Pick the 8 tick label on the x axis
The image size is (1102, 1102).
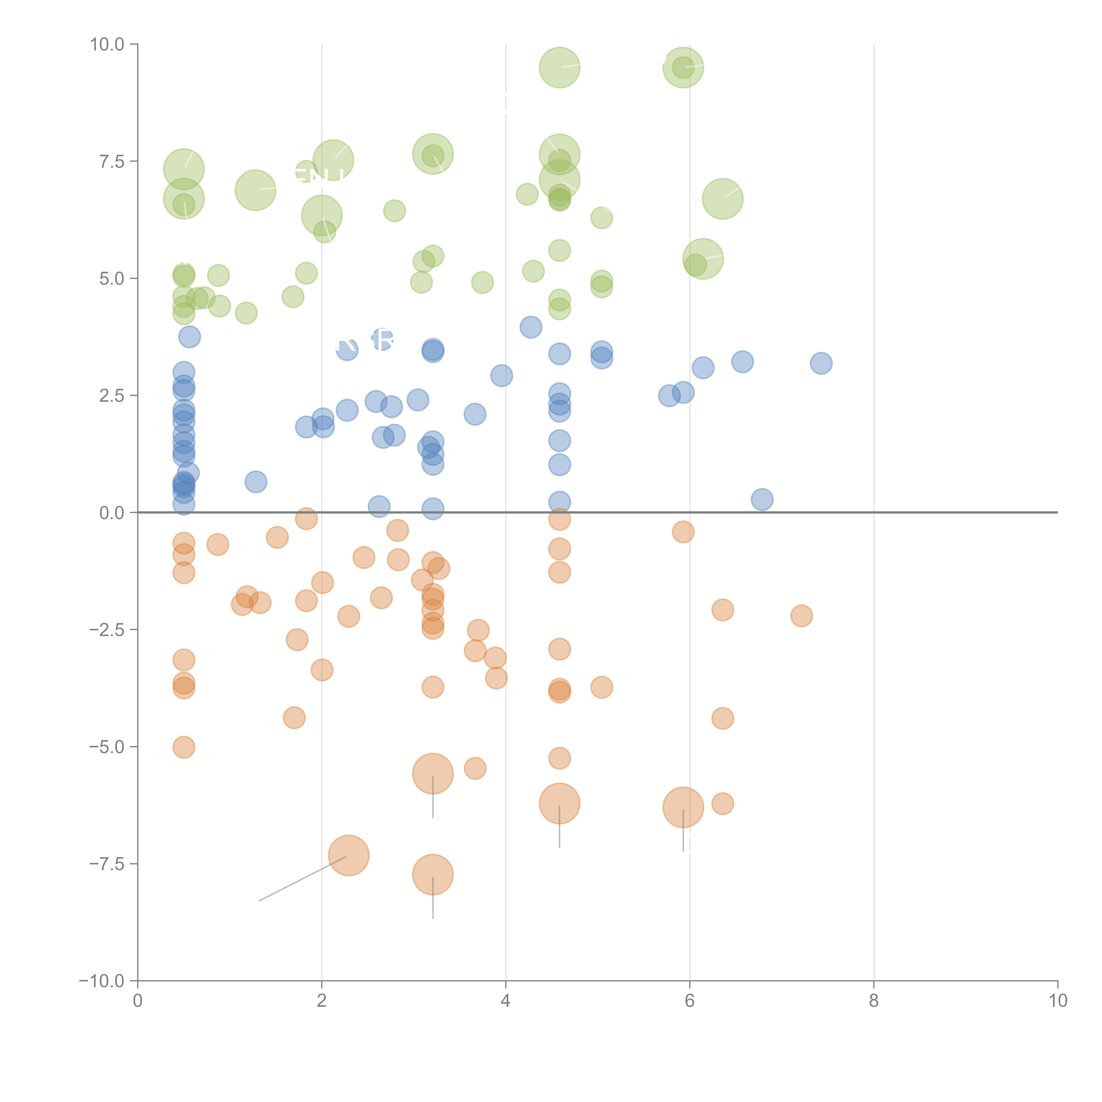click(874, 1001)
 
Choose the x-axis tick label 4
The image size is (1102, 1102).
click(505, 1001)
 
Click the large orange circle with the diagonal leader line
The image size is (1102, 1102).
click(348, 855)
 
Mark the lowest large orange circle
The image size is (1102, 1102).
click(433, 874)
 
